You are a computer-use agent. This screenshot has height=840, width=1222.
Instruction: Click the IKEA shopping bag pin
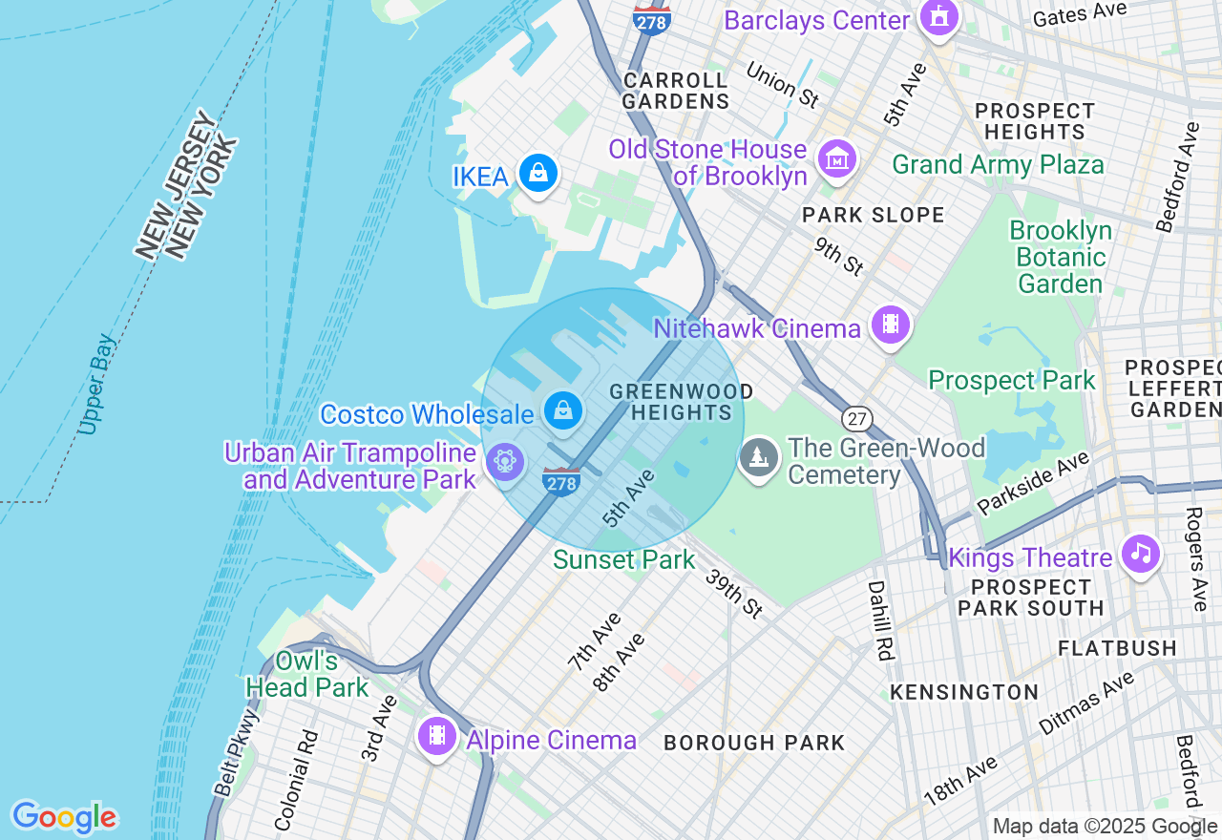pyautogui.click(x=537, y=173)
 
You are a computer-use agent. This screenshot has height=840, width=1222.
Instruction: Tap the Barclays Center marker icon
pyautogui.click(x=939, y=17)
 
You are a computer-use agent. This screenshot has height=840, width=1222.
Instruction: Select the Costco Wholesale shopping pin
pyautogui.click(x=563, y=410)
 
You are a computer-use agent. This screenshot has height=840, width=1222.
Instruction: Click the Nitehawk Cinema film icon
pyautogui.click(x=890, y=325)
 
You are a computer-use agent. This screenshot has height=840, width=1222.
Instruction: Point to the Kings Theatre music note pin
pyautogui.click(x=1140, y=552)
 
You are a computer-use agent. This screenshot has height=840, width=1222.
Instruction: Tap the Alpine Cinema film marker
pyautogui.click(x=437, y=735)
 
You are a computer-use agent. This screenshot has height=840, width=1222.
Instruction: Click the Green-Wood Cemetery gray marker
pyautogui.click(x=759, y=457)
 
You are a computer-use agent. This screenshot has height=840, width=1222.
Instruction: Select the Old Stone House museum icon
pyautogui.click(x=837, y=159)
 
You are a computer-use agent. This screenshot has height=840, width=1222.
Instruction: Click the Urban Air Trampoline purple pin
pyautogui.click(x=503, y=463)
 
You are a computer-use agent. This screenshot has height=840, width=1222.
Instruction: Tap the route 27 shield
pyautogui.click(x=856, y=418)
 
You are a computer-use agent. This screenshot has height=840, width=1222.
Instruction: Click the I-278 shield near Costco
pyautogui.click(x=560, y=482)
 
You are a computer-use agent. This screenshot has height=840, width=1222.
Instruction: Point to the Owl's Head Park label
pyautogui.click(x=306, y=674)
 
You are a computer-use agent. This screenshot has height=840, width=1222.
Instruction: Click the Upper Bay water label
pyautogui.click(x=97, y=384)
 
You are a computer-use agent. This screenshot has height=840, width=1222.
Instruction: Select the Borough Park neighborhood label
pyautogui.click(x=754, y=743)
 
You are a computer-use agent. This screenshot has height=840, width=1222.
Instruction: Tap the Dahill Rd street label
pyautogui.click(x=880, y=620)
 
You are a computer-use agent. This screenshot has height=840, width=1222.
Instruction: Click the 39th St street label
pyautogui.click(x=734, y=593)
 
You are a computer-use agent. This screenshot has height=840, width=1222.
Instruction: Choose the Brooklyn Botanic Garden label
pyautogui.click(x=1060, y=258)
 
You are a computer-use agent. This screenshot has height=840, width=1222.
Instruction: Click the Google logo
pyautogui.click(x=64, y=817)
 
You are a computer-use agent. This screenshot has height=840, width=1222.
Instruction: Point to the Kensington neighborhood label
pyautogui.click(x=964, y=692)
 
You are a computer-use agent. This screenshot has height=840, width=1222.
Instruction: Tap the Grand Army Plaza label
pyautogui.click(x=998, y=165)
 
